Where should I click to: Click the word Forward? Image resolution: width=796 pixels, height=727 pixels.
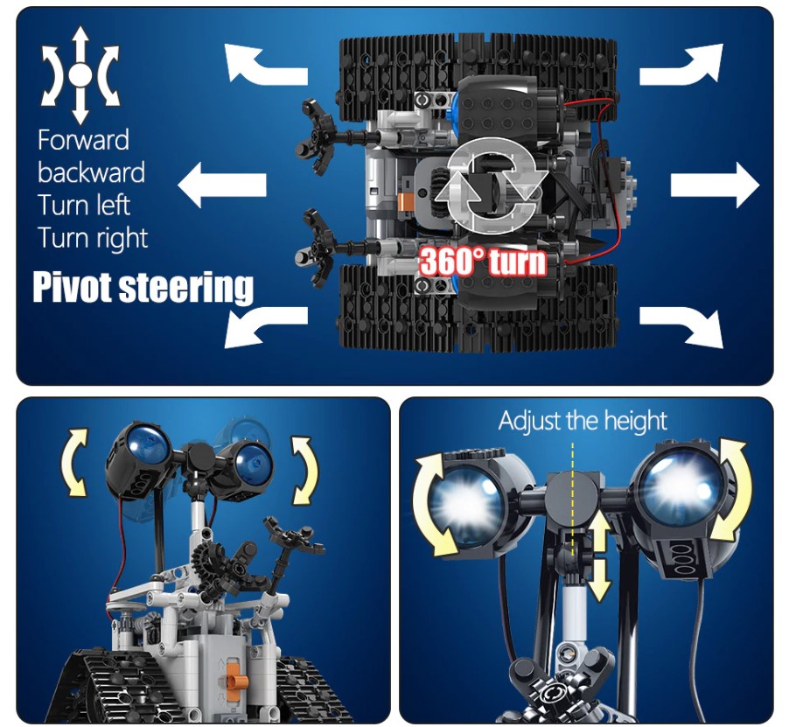[x=83, y=140]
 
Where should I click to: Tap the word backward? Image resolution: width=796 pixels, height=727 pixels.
[x=91, y=172]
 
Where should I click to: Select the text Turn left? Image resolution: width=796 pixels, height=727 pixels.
[x=84, y=205]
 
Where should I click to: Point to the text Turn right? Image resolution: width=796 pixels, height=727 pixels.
[x=93, y=239]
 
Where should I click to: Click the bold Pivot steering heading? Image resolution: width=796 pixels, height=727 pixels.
[x=143, y=287]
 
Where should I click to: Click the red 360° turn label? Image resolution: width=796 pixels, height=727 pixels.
[x=483, y=262]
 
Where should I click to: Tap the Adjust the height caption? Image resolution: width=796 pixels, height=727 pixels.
[x=583, y=421]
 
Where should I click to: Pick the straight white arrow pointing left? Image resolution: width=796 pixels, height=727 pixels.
[x=222, y=185]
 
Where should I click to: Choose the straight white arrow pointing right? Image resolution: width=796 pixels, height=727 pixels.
[x=715, y=185]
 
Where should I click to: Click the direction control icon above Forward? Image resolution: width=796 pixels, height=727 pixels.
[x=80, y=75]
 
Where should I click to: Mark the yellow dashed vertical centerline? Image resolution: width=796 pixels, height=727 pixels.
[x=573, y=499]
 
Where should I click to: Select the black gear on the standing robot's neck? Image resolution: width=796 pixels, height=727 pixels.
[x=209, y=562]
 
